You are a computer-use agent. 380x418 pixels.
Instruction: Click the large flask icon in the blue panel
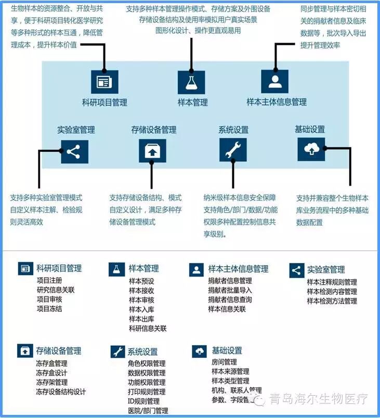(191, 82)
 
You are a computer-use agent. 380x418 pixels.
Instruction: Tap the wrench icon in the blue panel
(233, 151)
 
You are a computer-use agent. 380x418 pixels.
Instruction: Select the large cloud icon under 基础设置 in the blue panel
(311, 149)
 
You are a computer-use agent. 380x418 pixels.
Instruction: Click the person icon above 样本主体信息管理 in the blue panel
(274, 82)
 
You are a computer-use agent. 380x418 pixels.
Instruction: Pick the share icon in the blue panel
(74, 152)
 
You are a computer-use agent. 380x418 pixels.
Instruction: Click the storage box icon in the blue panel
(152, 151)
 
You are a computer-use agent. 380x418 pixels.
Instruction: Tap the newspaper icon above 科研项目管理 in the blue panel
(104, 82)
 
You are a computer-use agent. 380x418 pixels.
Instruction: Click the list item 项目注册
(49, 281)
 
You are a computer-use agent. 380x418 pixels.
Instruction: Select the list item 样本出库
(141, 319)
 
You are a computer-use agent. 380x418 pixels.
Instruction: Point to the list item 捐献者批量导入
(230, 290)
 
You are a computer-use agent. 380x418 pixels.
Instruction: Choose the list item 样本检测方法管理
(332, 301)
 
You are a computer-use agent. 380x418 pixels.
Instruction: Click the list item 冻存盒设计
(51, 373)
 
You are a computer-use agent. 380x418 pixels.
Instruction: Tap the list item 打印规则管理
(147, 391)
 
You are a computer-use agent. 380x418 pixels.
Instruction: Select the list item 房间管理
(224, 362)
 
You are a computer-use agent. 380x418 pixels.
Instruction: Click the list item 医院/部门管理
(148, 411)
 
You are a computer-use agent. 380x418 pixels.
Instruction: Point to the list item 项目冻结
(49, 309)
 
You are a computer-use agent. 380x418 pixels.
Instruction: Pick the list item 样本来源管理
(230, 371)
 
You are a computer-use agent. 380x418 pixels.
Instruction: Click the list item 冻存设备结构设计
(61, 391)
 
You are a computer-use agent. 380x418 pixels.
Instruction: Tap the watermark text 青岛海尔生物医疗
(318, 399)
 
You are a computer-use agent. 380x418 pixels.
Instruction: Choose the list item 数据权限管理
(147, 373)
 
